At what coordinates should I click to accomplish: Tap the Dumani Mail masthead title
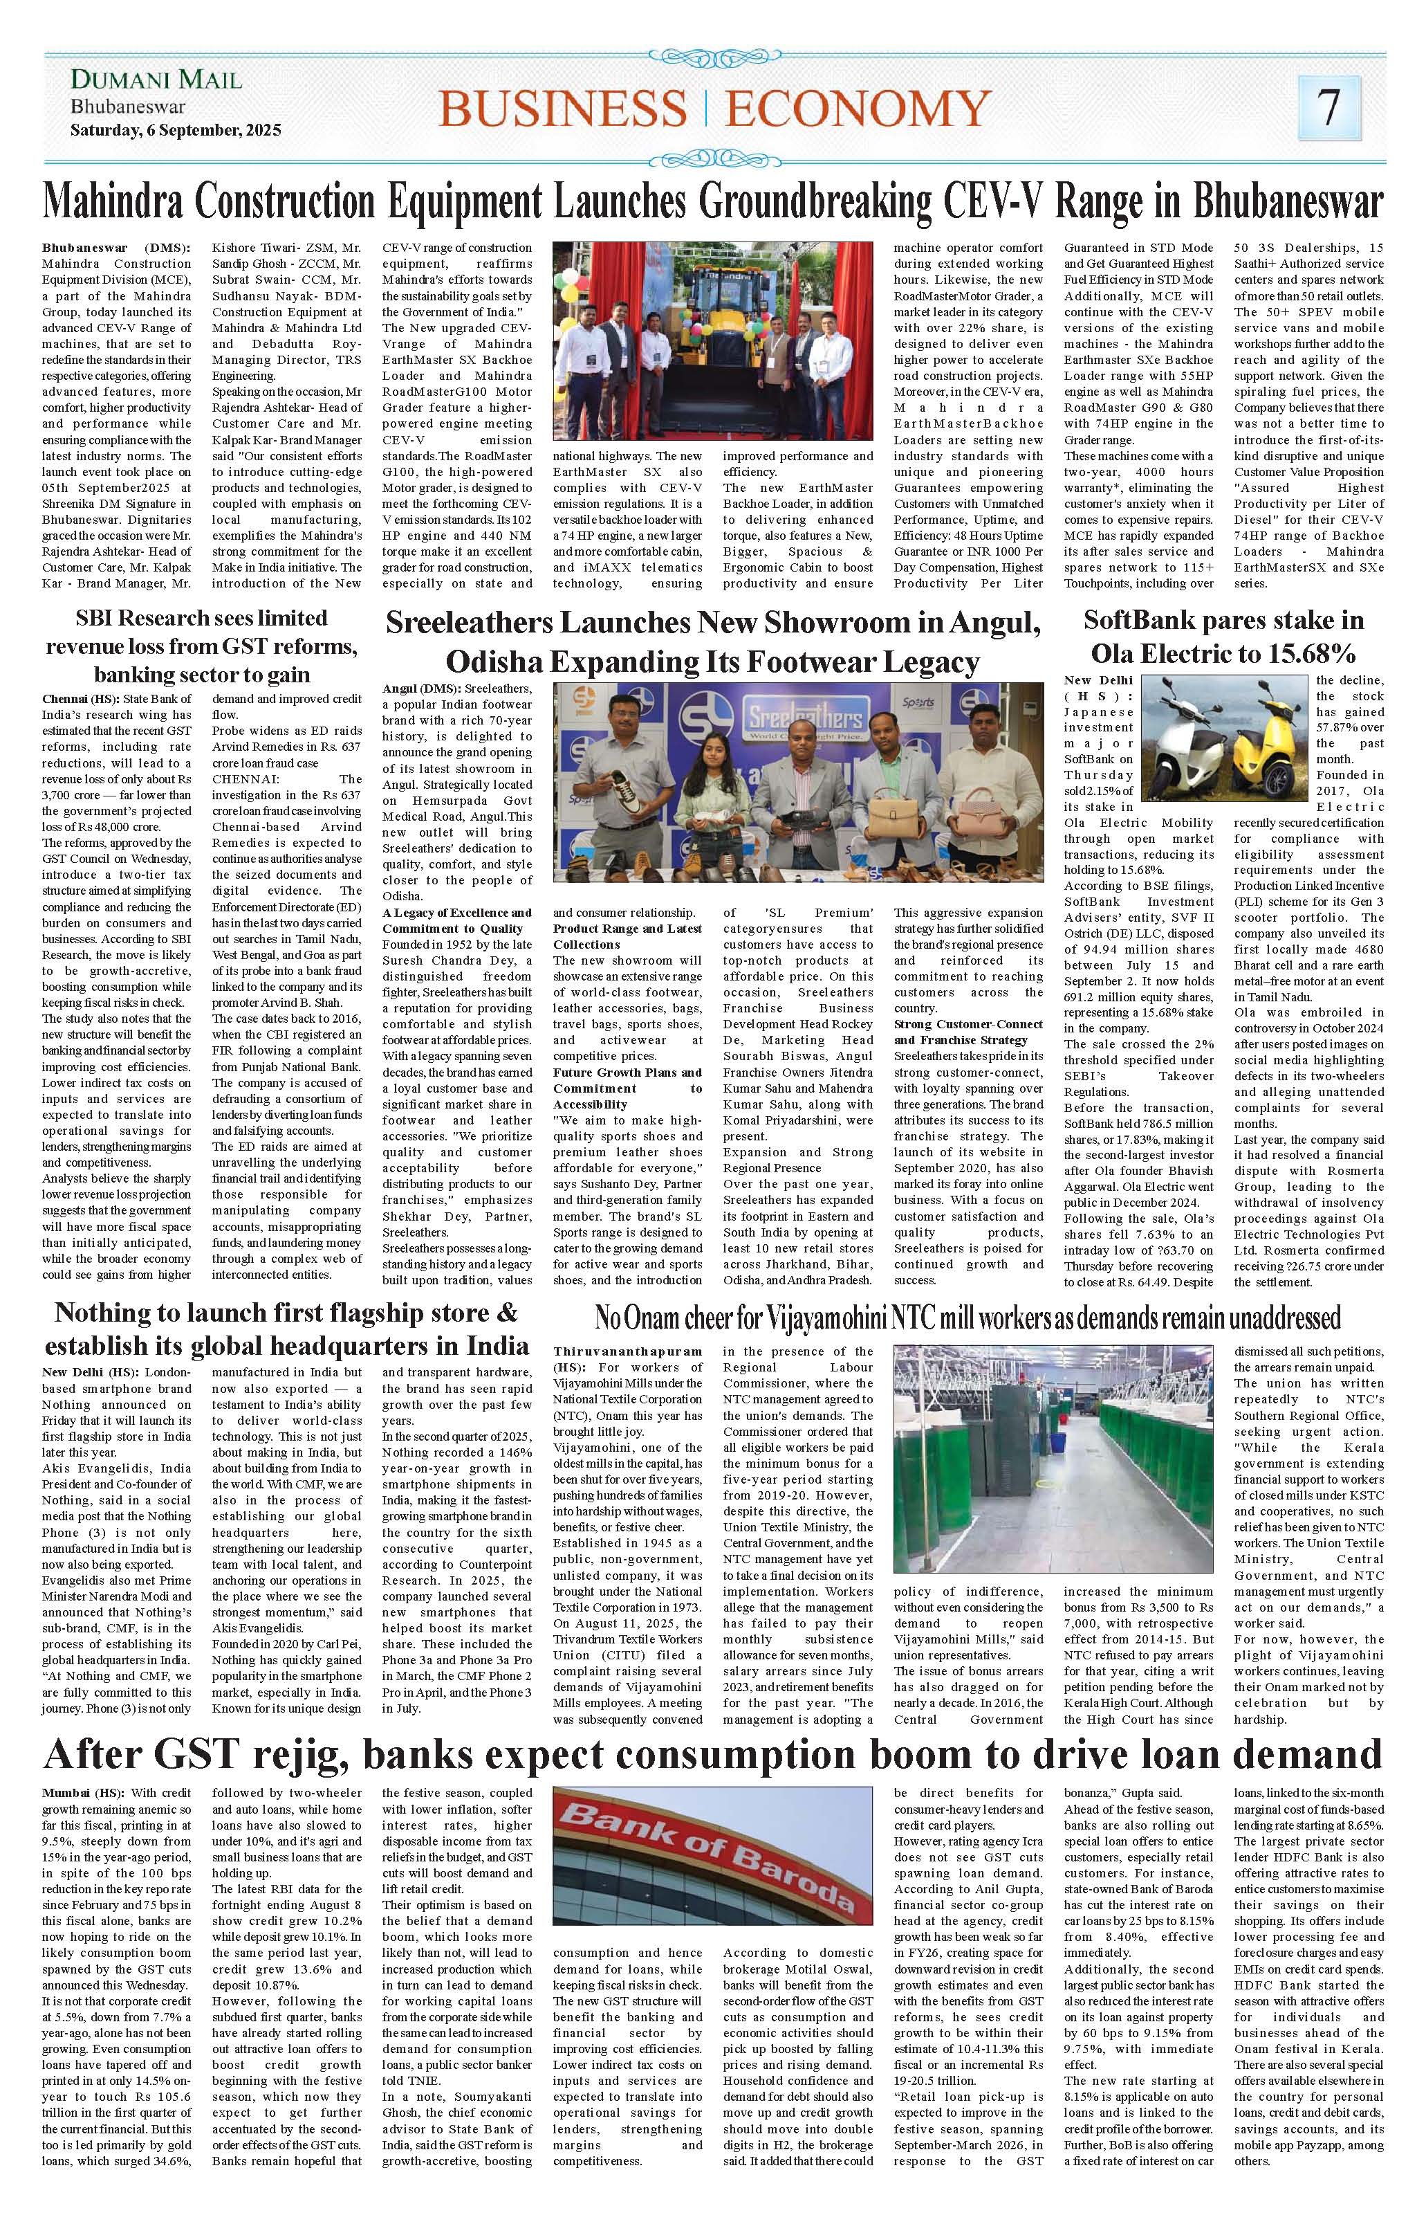(156, 82)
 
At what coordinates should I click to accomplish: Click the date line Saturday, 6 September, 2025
(175, 131)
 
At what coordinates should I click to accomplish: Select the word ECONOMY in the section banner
(858, 110)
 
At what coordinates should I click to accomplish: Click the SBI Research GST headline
(201, 645)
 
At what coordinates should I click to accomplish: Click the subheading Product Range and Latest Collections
(628, 936)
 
